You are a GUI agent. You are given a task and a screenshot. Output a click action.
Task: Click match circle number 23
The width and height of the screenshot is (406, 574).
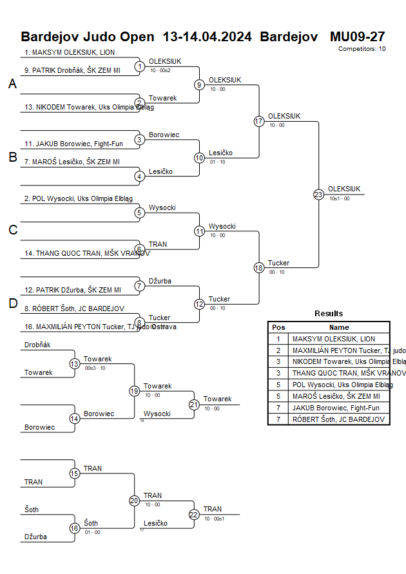coord(318,194)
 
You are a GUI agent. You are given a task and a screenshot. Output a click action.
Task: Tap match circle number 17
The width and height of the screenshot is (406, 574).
coord(259,121)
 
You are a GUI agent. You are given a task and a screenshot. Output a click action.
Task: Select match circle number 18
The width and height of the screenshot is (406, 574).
coord(259,268)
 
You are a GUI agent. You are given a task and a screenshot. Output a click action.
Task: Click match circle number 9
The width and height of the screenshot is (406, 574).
coord(200,84)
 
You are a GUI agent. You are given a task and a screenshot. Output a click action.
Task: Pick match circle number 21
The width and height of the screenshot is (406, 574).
coord(194,405)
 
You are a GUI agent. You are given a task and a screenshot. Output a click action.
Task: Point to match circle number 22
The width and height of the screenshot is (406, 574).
coord(194,514)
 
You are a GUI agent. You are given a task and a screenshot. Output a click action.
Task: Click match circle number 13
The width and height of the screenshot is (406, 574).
coord(75,364)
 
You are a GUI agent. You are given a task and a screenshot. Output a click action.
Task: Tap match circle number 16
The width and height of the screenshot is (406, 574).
coord(75,528)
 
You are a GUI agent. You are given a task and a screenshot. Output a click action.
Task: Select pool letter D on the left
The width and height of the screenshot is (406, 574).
coord(12,304)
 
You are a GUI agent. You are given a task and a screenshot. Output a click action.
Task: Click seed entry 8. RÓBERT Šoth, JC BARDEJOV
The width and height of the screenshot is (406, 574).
coord(74,309)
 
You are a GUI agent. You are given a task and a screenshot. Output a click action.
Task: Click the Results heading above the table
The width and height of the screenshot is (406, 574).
coord(329,314)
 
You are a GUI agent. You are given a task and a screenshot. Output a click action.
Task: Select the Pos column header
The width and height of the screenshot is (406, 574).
coord(278,327)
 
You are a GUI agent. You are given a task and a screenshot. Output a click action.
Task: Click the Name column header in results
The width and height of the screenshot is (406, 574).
coord(339,327)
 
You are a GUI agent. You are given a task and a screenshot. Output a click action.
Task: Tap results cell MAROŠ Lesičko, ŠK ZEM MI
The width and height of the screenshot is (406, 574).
coord(336,396)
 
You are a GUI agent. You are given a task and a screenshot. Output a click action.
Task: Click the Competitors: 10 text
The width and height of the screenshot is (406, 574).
coord(362,49)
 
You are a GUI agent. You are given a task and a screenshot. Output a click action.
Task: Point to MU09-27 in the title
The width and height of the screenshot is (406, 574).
coord(357,36)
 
